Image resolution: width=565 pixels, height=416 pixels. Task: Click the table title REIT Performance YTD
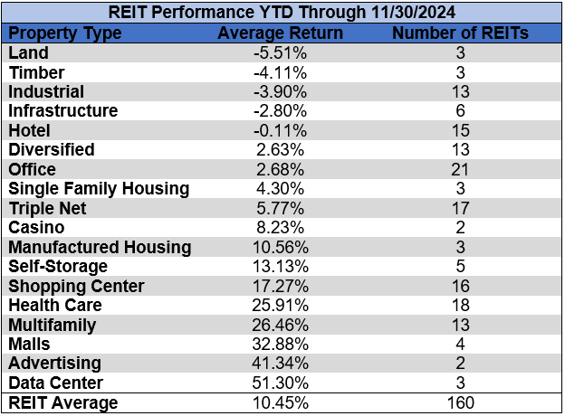tap(282, 13)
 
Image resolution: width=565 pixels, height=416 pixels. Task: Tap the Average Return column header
tap(281, 33)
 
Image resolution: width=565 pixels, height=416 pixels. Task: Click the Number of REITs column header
tap(460, 33)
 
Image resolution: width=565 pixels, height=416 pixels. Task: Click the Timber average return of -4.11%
tap(281, 72)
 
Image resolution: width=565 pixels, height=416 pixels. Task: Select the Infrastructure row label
tap(62, 110)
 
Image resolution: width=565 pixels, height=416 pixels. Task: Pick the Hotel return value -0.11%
tap(281, 130)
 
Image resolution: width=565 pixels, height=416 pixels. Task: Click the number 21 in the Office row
tap(460, 169)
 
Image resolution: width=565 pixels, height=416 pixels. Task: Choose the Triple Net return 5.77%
tap(281, 208)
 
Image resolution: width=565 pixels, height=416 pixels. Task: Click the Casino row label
tap(33, 228)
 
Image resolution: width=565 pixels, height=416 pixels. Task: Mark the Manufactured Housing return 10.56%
tap(281, 247)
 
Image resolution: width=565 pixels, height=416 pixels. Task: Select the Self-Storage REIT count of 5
tap(460, 267)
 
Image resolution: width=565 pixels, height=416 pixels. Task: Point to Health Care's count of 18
tap(460, 306)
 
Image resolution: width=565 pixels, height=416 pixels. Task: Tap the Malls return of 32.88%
tap(281, 345)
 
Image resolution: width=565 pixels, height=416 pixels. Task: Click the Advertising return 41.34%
tap(281, 364)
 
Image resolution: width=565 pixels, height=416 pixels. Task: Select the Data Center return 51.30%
tap(281, 383)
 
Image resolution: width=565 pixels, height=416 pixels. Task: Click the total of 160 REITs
tap(460, 403)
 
